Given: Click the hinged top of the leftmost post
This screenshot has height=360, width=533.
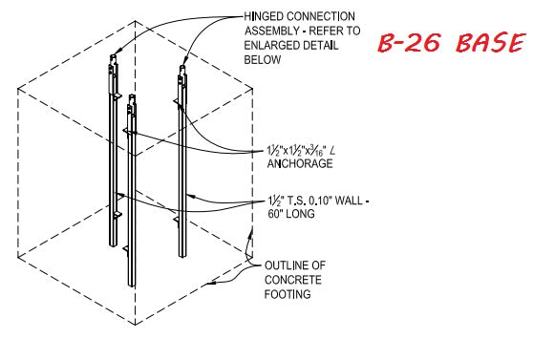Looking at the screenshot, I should pyautogui.click(x=113, y=65).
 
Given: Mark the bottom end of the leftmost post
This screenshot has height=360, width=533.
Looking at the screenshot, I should pyautogui.click(x=114, y=243).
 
